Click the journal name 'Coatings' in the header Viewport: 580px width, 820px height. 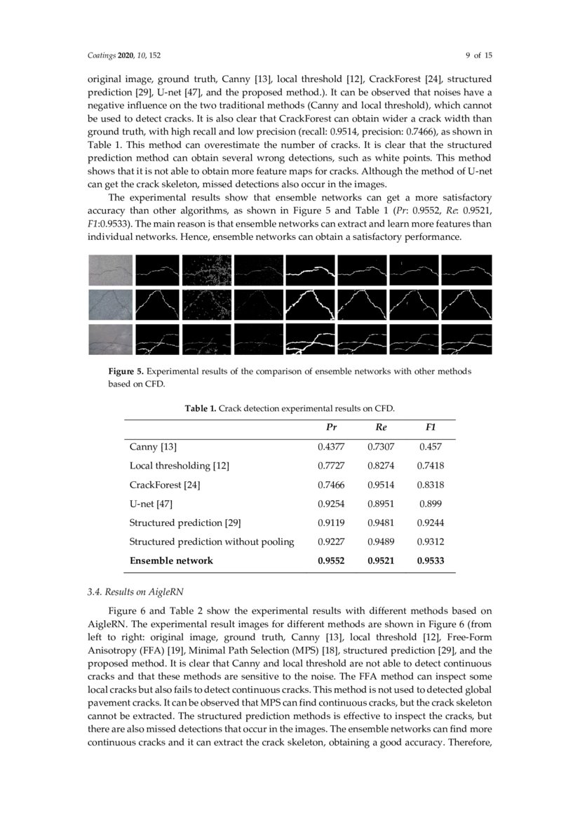[x=101, y=55]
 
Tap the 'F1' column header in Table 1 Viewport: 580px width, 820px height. [x=431, y=427]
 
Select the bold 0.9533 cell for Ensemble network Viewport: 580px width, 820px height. [x=431, y=560]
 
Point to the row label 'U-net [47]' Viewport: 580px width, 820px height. [x=151, y=504]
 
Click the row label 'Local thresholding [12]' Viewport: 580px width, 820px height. [x=180, y=466]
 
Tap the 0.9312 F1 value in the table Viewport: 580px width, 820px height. [x=431, y=542]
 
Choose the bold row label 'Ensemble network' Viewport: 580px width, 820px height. [x=171, y=560]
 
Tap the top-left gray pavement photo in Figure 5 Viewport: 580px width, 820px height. [x=110, y=269]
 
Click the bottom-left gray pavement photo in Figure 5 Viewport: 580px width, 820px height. [x=110, y=340]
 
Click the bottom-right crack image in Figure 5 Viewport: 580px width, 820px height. [x=466, y=340]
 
